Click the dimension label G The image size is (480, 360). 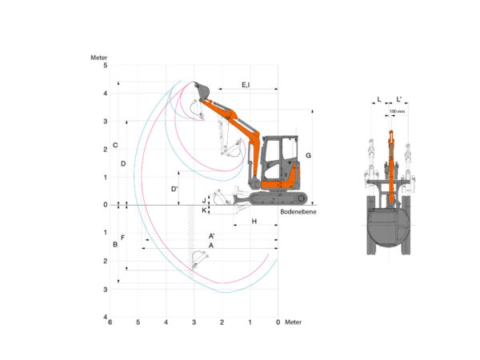click(308, 155)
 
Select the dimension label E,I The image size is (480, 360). click(246, 85)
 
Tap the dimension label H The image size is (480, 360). click(254, 222)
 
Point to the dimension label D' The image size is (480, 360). click(174, 189)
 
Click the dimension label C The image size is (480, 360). click(115, 145)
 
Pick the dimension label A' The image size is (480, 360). click(211, 236)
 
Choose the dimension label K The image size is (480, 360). click(204, 210)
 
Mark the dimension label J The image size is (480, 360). click(204, 201)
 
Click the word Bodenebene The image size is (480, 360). click(298, 211)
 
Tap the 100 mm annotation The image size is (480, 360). click(397, 111)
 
